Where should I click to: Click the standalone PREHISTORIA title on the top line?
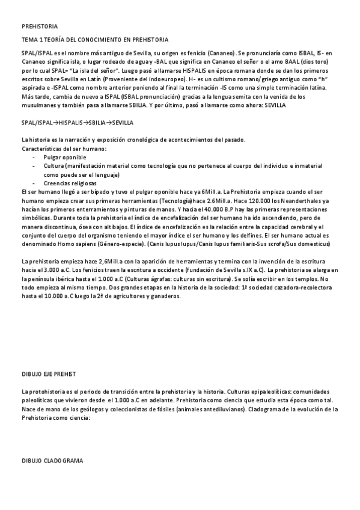[x=40, y=27]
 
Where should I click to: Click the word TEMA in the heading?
[x=29, y=40]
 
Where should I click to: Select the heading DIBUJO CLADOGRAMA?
[x=52, y=460]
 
